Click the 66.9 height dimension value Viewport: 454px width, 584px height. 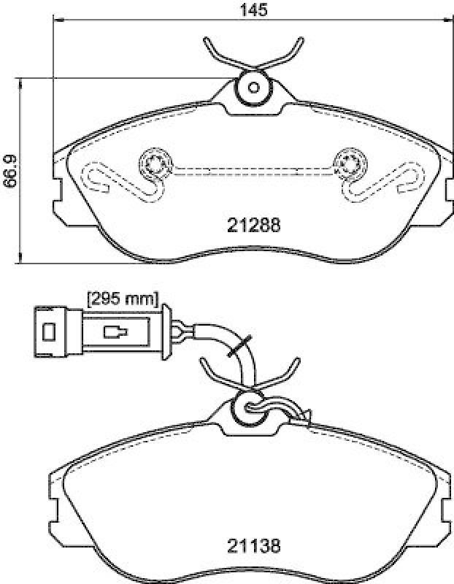click(x=9, y=172)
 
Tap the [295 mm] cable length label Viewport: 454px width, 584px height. click(x=123, y=298)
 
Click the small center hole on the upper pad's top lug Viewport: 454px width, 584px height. click(x=253, y=88)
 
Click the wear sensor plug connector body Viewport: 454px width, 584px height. click(x=117, y=332)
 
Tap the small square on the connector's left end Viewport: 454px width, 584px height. click(x=49, y=332)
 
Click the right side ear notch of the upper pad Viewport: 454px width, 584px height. click(x=447, y=188)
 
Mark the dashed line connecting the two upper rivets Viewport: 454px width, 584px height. click(x=253, y=170)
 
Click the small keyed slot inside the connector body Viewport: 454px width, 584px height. click(x=115, y=333)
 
